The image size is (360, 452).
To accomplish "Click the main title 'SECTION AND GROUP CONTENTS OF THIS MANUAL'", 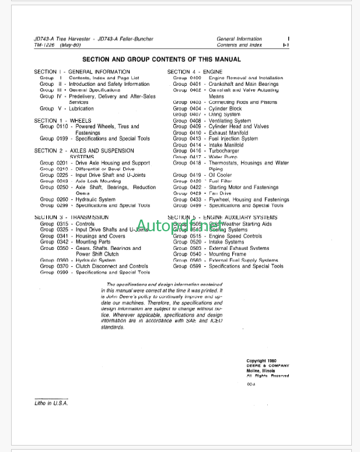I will pos(161,59).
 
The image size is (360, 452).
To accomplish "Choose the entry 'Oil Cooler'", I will pos(221,175).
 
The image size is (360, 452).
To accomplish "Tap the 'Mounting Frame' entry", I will pos(228,254).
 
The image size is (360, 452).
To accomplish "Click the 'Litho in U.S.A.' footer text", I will pos(51,404).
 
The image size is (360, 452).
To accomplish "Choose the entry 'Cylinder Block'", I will pos(225,109).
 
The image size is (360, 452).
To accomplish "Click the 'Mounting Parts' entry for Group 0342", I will pos(93,242).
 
